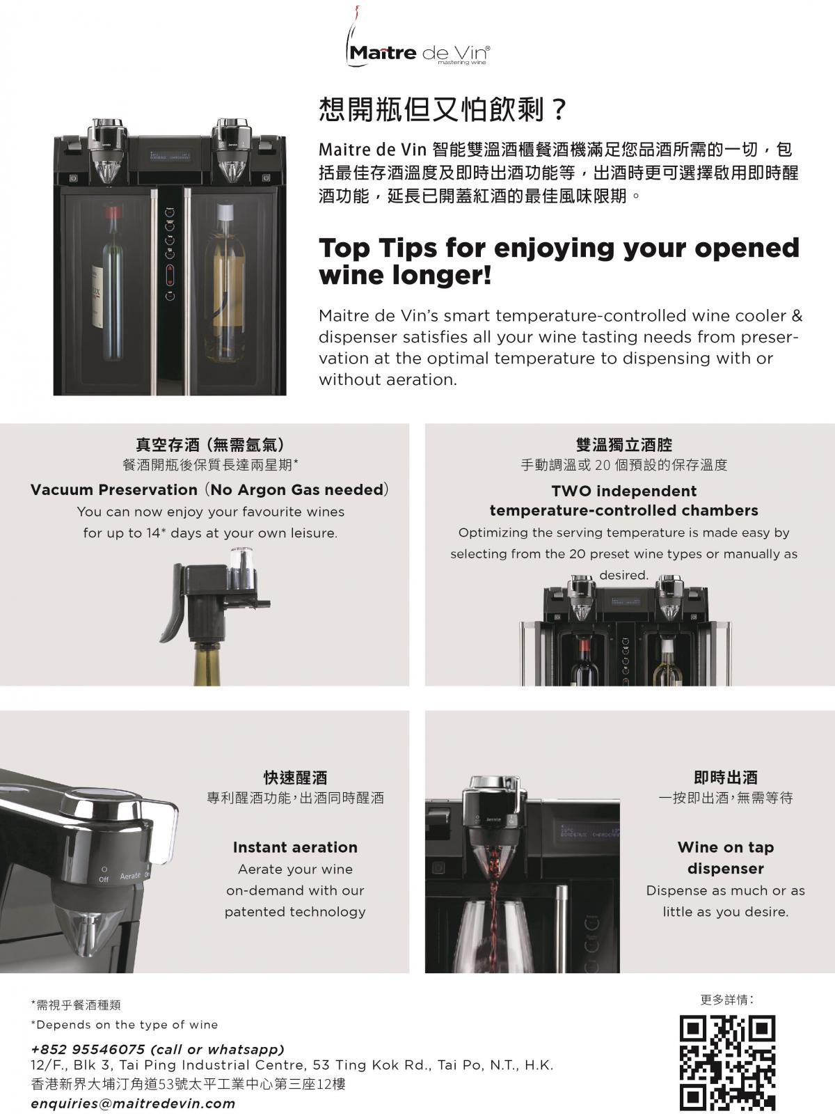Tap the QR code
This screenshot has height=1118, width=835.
[x=727, y=1062]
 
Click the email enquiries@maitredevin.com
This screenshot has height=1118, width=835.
[x=133, y=1103]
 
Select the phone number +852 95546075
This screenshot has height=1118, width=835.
[x=88, y=1049]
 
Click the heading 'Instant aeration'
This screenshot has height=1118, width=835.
[x=295, y=847]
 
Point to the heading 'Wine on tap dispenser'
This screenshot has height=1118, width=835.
[x=726, y=858]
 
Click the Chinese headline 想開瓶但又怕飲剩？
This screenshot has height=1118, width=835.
[x=442, y=109]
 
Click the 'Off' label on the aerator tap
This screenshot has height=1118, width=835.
[x=104, y=879]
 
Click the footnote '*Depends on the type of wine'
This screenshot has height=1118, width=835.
[x=125, y=1024]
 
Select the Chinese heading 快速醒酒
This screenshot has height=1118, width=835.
[x=295, y=778]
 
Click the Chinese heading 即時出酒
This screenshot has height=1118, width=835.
[x=726, y=778]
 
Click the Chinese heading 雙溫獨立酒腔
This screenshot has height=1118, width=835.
[x=623, y=445]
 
